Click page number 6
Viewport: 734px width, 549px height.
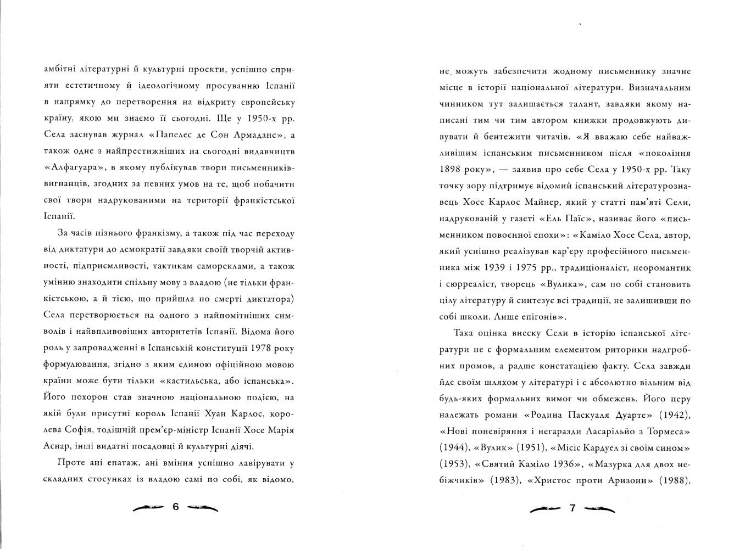pyautogui.click(x=176, y=507)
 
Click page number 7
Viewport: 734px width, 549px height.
pyautogui.click(x=572, y=508)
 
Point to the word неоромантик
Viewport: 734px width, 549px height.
pyautogui.click(x=664, y=267)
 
